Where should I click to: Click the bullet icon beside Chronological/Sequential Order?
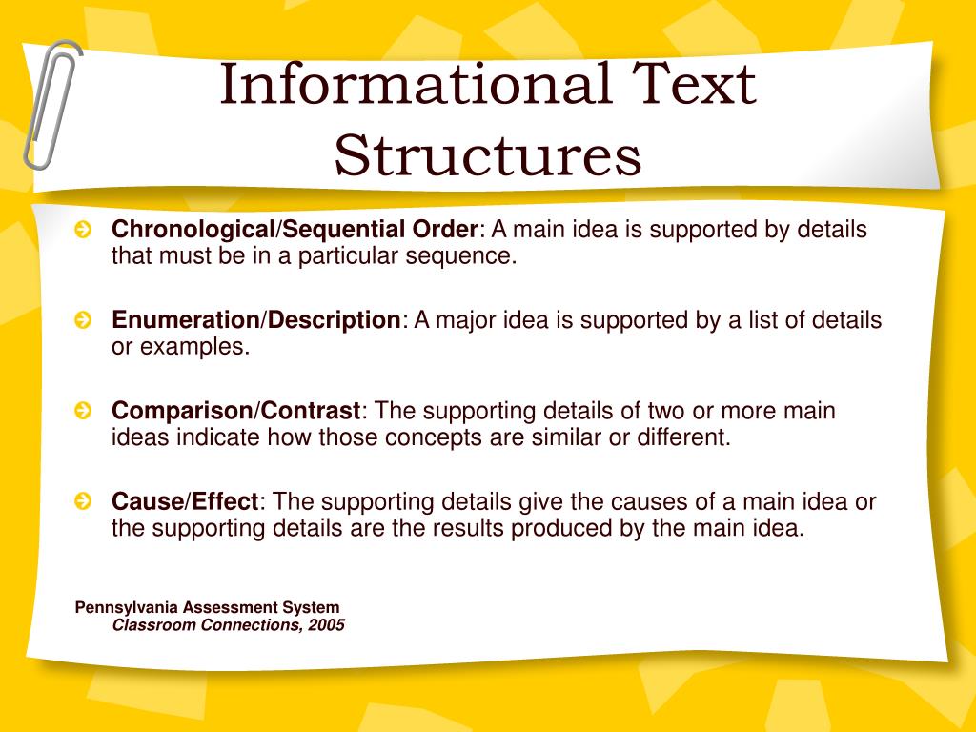coord(84,231)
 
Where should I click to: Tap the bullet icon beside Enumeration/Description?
coord(84,321)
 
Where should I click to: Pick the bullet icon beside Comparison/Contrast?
coord(84,412)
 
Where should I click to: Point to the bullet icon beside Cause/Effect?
coord(84,501)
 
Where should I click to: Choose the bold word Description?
coord(334,321)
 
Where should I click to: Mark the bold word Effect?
coord(226,501)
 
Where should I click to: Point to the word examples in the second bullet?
coord(194,347)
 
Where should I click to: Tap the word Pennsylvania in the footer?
coord(127,607)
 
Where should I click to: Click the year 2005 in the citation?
coord(326,625)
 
